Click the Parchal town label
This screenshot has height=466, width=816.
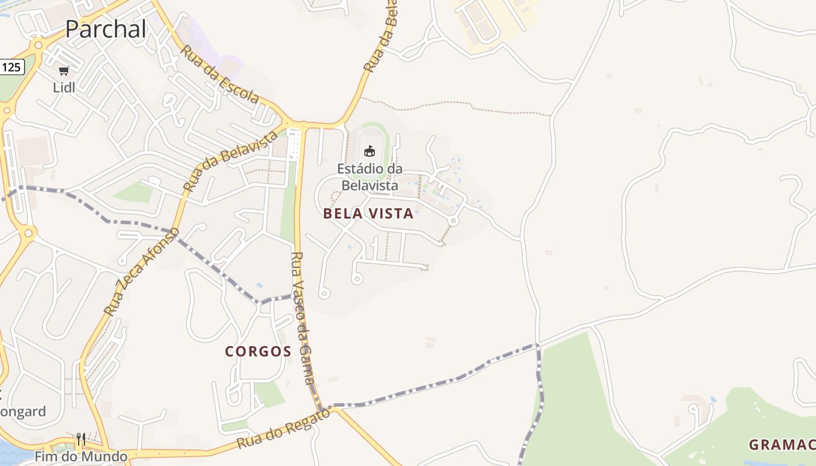(105, 29)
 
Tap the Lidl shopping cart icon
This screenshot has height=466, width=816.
(64, 71)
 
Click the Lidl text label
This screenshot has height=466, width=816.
(64, 88)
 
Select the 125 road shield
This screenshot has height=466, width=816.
(11, 67)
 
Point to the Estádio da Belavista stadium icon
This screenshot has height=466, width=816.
(369, 151)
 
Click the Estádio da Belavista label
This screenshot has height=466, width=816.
(370, 177)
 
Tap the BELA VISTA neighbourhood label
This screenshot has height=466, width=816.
(368, 214)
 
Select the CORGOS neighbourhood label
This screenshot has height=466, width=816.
(258, 351)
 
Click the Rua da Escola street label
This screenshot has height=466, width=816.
(219, 74)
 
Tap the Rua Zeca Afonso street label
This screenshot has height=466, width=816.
(142, 271)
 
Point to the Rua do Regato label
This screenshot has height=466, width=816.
(283, 428)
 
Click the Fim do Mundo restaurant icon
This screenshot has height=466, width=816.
(81, 439)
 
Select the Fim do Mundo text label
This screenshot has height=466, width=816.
(81, 456)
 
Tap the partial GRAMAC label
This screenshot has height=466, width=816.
(782, 445)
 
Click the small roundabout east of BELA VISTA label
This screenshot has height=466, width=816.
(453, 221)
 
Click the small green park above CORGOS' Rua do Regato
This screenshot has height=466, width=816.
(269, 394)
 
